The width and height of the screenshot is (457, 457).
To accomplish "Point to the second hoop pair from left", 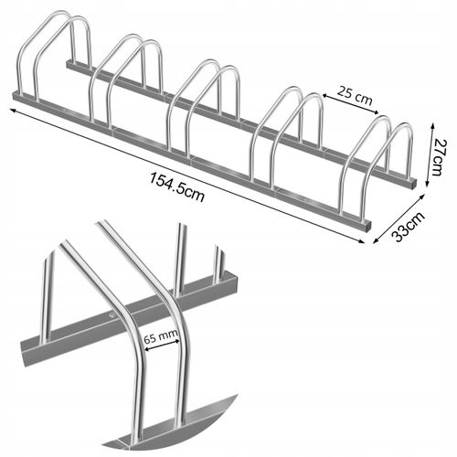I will point(128,82).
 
